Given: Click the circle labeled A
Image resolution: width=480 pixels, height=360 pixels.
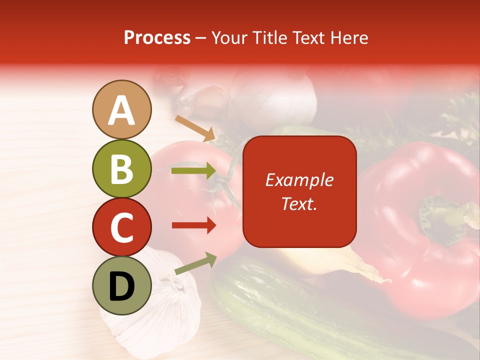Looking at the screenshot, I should click(122, 109).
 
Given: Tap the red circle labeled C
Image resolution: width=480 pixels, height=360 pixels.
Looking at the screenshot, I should click(122, 227).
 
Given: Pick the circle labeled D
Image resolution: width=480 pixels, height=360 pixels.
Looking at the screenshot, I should click(122, 285).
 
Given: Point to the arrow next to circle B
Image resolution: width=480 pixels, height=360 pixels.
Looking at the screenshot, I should click(193, 171).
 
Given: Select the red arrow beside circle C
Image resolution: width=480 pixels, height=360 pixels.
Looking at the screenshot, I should click(193, 225).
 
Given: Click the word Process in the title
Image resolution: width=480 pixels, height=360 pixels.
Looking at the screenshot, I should click(157, 37).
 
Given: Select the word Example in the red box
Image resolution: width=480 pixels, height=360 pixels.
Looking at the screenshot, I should click(299, 180).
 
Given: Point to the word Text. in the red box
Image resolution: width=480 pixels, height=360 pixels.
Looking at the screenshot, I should click(299, 203).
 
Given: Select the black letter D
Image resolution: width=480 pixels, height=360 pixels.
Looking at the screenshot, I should click(122, 286).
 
